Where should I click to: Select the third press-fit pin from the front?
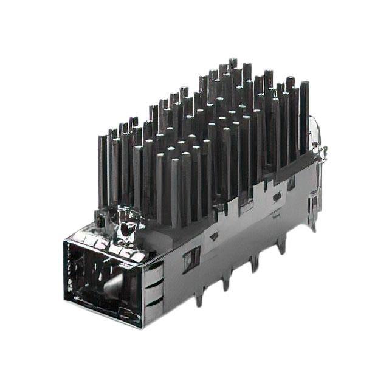(254, 263)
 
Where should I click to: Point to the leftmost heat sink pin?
(102, 164)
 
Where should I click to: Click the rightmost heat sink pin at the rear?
(303, 115)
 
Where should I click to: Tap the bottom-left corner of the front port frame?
(66, 300)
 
